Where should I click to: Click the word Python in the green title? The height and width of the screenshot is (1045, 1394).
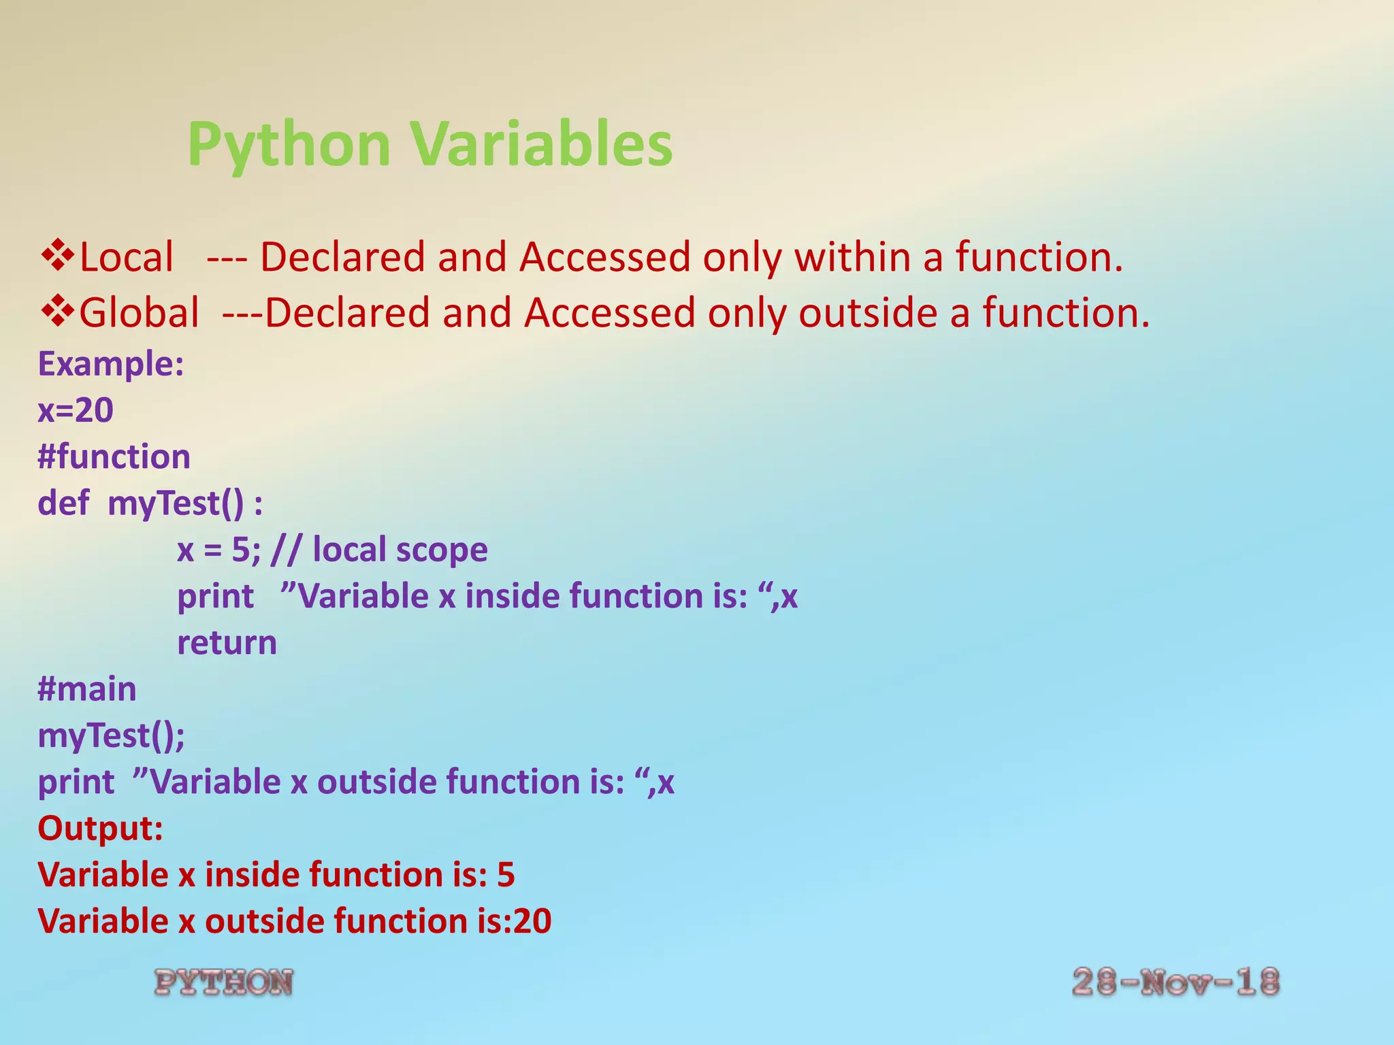click(x=289, y=144)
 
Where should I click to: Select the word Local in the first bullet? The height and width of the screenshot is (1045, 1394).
click(x=127, y=258)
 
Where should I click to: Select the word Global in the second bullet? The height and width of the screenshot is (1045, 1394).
click(x=140, y=313)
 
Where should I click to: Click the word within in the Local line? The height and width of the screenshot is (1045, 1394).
click(x=853, y=258)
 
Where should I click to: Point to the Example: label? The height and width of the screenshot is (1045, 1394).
click(x=111, y=364)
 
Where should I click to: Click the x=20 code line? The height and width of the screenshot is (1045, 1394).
click(x=76, y=410)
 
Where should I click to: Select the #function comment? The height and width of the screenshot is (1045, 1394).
click(x=114, y=457)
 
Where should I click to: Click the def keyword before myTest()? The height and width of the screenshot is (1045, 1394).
click(x=63, y=503)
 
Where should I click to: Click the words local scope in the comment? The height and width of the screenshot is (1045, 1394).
click(x=400, y=550)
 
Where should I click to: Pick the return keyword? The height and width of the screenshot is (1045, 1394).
click(x=227, y=643)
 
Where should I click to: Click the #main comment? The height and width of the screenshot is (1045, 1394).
click(x=87, y=689)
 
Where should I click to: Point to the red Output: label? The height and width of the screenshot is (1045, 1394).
click(x=101, y=829)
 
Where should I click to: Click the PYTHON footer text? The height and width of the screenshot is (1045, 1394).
click(x=224, y=983)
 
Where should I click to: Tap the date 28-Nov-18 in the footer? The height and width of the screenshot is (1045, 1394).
click(x=1176, y=983)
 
